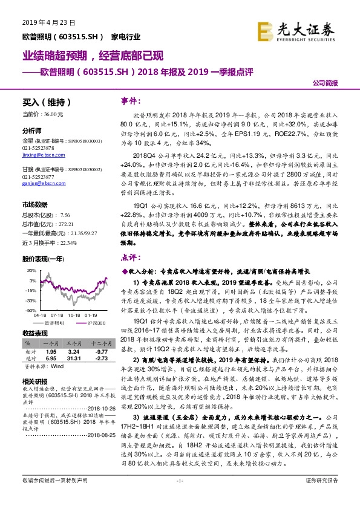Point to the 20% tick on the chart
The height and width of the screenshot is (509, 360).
[31, 272]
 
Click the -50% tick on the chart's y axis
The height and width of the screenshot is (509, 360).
[30, 310]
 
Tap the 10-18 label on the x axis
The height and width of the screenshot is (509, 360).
[75, 315]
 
